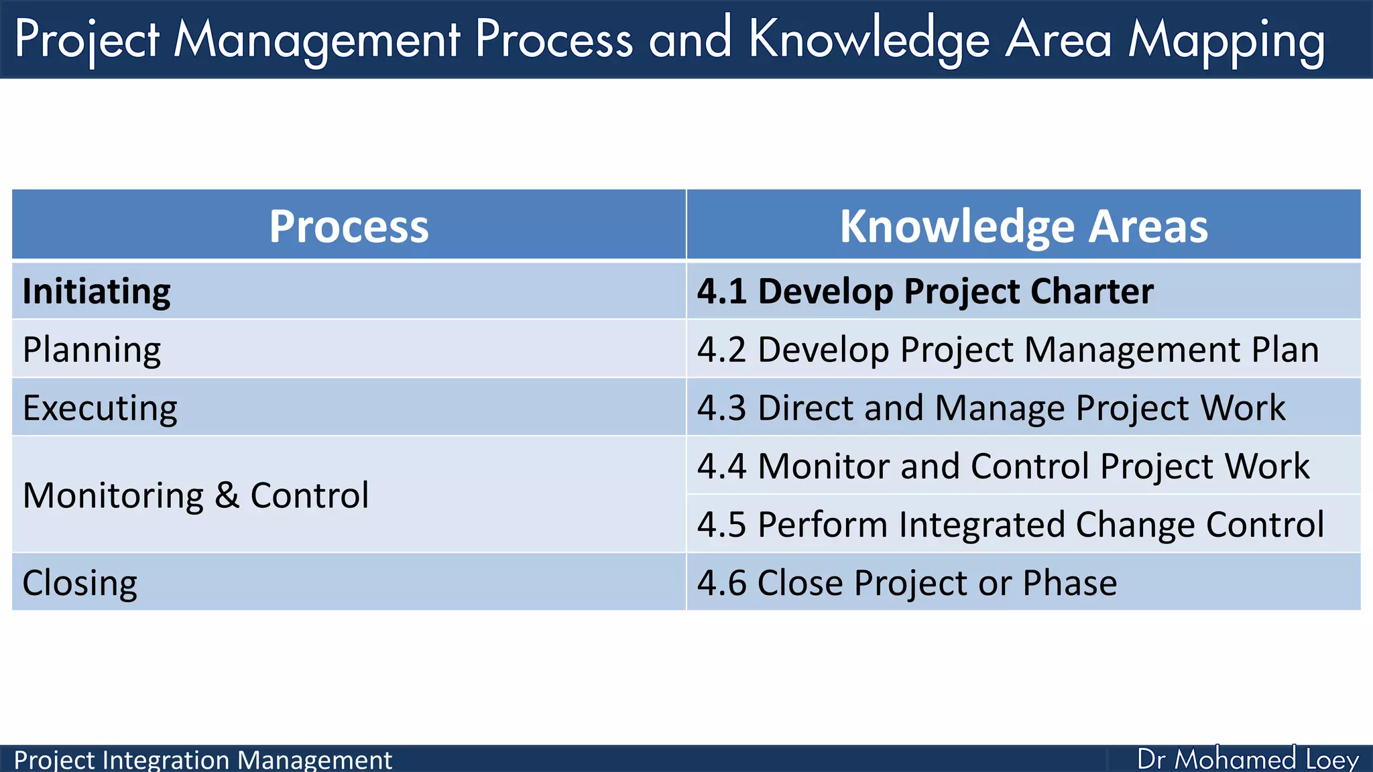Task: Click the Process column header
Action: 349,226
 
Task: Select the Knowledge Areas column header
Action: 1024,226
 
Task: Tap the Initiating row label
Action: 97,292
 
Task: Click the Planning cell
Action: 92,350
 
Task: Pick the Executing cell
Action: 100,408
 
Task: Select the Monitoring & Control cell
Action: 196,496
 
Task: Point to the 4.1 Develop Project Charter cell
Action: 925,292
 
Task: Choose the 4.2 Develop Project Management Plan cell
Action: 1008,350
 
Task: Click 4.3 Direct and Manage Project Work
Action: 991,408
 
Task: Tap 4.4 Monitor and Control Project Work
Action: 1003,466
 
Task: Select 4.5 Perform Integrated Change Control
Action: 1010,525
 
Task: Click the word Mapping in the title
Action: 1226,40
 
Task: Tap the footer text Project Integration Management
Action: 202,760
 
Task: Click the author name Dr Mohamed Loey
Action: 1248,759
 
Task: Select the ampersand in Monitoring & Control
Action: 227,496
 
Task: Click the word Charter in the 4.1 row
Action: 1092,292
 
